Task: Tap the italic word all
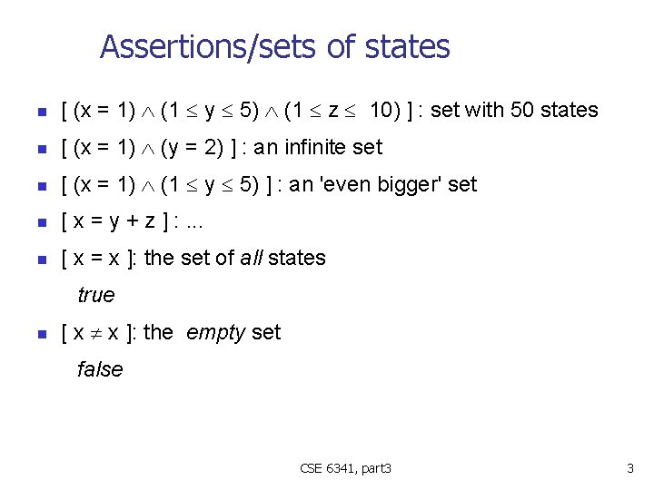(x=251, y=258)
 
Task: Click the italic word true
(x=96, y=295)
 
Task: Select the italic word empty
(x=215, y=332)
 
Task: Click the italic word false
(x=100, y=369)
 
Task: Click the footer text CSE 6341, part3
(x=345, y=468)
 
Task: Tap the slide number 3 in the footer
(x=629, y=468)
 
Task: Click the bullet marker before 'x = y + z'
(x=40, y=222)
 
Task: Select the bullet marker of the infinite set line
(x=40, y=148)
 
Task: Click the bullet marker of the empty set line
(x=40, y=333)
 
